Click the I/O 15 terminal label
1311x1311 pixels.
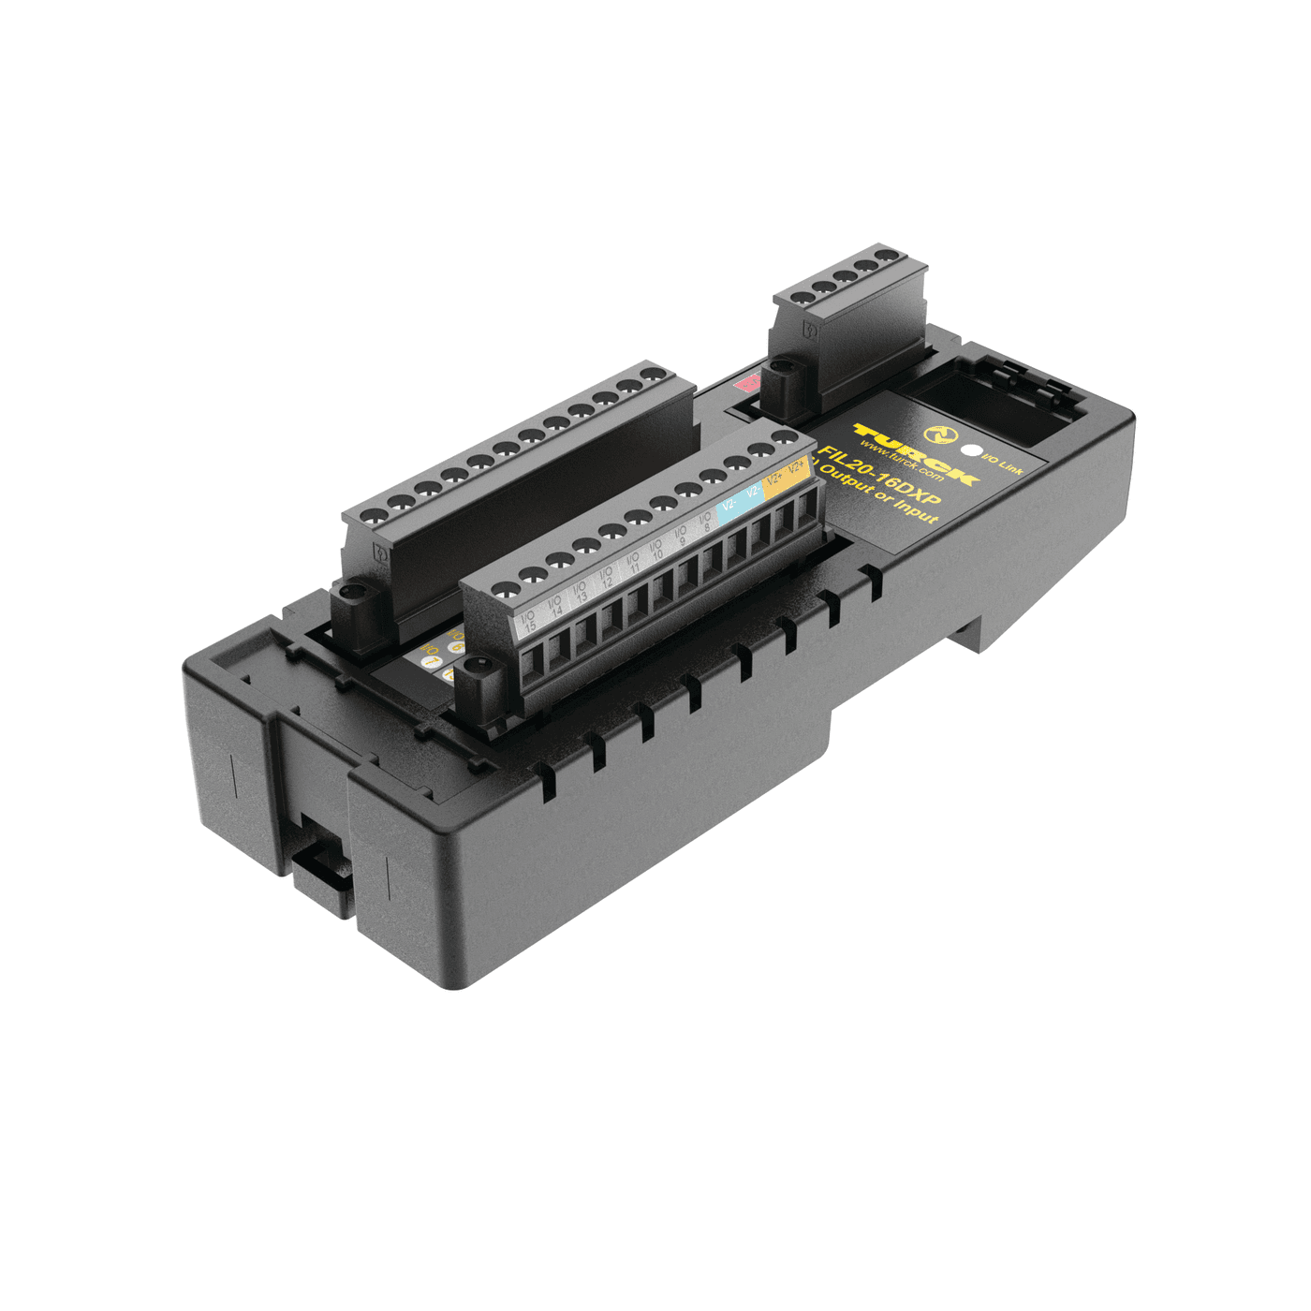pyautogui.click(x=527, y=621)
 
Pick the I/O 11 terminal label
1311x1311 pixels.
pyautogui.click(x=633, y=564)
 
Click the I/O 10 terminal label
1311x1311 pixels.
pyautogui.click(x=656, y=551)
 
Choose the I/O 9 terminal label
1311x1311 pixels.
pyautogui.click(x=681, y=537)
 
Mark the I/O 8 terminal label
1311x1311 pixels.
pyautogui.click(x=705, y=523)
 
